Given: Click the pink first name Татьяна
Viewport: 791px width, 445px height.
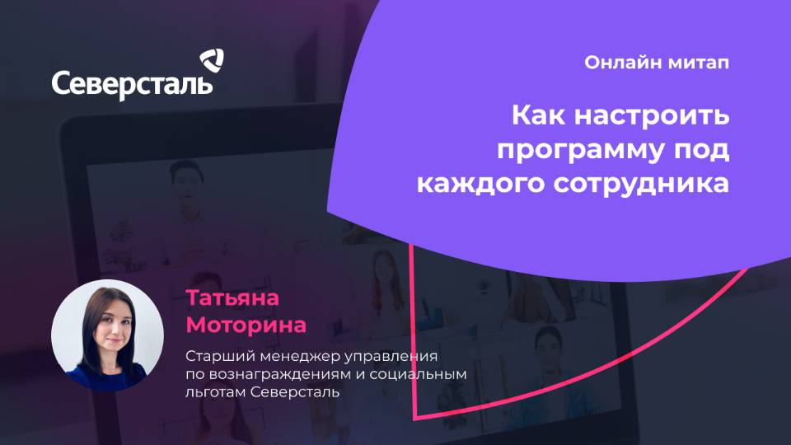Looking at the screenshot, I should tap(233, 297).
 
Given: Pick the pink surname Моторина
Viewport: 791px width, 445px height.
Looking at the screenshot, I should tap(246, 325).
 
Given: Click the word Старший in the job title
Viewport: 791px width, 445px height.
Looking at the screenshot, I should tap(217, 357).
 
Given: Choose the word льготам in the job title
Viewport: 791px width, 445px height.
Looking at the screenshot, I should tap(214, 393).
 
